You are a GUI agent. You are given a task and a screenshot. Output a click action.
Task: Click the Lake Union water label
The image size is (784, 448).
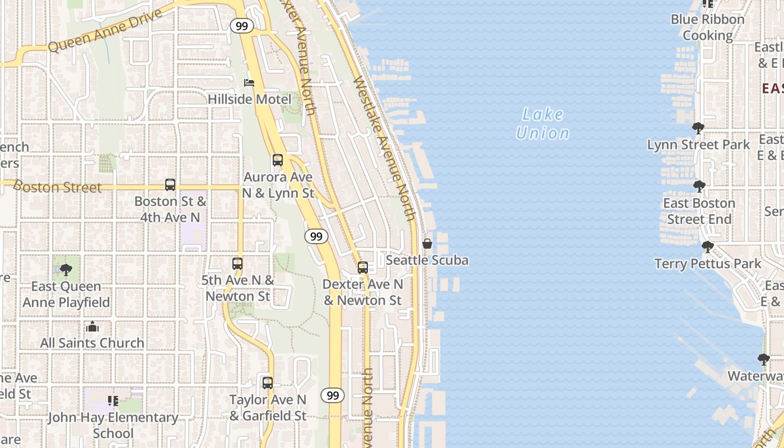pyautogui.click(x=542, y=124)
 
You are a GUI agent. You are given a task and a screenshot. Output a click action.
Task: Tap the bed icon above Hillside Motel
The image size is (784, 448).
pyautogui.click(x=249, y=83)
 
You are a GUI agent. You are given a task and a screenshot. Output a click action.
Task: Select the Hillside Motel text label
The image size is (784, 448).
pyautogui.click(x=249, y=100)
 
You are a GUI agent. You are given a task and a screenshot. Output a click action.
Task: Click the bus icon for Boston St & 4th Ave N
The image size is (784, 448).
pyautogui.click(x=170, y=185)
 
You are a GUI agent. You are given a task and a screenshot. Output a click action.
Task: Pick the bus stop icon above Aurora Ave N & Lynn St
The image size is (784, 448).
pyautogui.click(x=278, y=160)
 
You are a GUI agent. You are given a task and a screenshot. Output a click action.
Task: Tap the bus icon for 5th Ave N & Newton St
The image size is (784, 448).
pyautogui.click(x=237, y=263)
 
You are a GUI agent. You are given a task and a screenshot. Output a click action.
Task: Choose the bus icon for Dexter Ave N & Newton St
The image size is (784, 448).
pyautogui.click(x=363, y=268)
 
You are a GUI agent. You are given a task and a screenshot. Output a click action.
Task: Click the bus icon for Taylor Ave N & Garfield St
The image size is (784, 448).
pyautogui.click(x=268, y=383)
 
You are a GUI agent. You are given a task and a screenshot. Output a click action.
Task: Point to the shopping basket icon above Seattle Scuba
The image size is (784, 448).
pyautogui.click(x=427, y=244)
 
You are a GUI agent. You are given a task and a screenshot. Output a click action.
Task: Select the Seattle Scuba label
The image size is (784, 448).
pyautogui.click(x=427, y=260)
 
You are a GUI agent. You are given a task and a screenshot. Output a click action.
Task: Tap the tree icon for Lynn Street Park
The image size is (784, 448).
pyautogui.click(x=698, y=128)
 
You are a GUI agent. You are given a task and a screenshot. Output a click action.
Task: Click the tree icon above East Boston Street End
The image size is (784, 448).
pyautogui.click(x=699, y=186)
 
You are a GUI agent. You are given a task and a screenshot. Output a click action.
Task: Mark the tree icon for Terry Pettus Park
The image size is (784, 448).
pyautogui.click(x=708, y=247)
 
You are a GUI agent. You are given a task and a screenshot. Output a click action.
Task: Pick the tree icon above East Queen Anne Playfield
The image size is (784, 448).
pyautogui.click(x=66, y=270)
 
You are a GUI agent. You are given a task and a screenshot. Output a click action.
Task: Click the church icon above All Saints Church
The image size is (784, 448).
pyautogui.click(x=92, y=326)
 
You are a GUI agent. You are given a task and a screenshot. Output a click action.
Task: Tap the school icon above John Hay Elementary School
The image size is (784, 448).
pyautogui.click(x=113, y=401)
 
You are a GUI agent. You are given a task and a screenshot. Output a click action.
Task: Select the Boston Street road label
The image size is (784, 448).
pyautogui.click(x=57, y=186)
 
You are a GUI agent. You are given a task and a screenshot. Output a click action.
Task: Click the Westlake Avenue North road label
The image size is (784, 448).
pyautogui.click(x=385, y=148)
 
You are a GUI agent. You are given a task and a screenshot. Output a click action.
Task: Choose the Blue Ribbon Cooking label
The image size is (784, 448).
pyautogui.click(x=708, y=27)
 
